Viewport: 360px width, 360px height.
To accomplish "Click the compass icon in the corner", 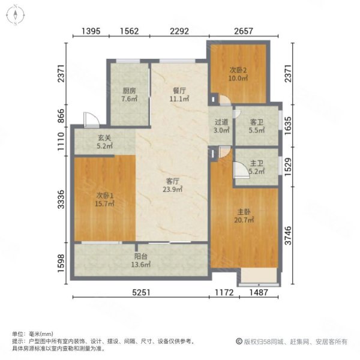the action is (x=16, y=15).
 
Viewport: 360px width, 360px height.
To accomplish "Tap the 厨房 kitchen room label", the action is (x=129, y=91).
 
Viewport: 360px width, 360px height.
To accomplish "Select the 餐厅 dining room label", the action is (x=179, y=91).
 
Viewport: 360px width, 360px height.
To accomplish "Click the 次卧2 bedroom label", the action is (x=238, y=70).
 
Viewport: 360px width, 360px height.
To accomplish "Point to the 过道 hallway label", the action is (x=221, y=122).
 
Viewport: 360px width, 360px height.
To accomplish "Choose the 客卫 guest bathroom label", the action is (x=256, y=122).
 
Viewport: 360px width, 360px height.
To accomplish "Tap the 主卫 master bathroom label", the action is (x=257, y=163).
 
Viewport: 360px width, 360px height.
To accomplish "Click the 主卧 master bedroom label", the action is (x=244, y=211).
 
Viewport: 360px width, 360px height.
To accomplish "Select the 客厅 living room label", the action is (x=172, y=181).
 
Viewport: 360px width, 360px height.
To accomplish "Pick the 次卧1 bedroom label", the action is (x=104, y=196).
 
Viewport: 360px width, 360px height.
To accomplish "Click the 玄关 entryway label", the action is (x=104, y=138).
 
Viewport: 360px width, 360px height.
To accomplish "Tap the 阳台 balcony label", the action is (x=140, y=256).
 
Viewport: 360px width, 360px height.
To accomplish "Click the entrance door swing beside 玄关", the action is (x=91, y=119).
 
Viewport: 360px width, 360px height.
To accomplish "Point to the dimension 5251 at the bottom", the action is (x=141, y=292).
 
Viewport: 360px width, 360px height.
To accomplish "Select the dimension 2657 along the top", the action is (x=244, y=31).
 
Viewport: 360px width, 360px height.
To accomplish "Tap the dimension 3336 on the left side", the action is (x=61, y=199).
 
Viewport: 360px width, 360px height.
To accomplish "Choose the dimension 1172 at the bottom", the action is (x=224, y=292).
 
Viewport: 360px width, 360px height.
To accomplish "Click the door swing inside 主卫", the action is (x=241, y=170).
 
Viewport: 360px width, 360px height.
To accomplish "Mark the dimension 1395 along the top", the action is (x=91, y=31).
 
